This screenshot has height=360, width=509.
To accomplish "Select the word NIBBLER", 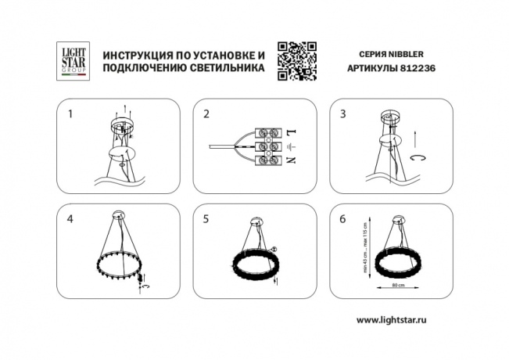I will coord(407,55).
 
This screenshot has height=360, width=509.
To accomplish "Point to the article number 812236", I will coord(406,68).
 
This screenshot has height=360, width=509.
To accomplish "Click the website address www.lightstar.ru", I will coord(396,321).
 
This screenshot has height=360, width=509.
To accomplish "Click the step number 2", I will coord(206,114).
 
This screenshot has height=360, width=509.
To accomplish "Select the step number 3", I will coord(343,114).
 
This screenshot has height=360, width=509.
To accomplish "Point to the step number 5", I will coord(206,219).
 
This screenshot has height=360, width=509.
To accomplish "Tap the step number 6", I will coord(343,219).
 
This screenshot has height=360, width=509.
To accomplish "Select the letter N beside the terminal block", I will coord(293,160).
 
